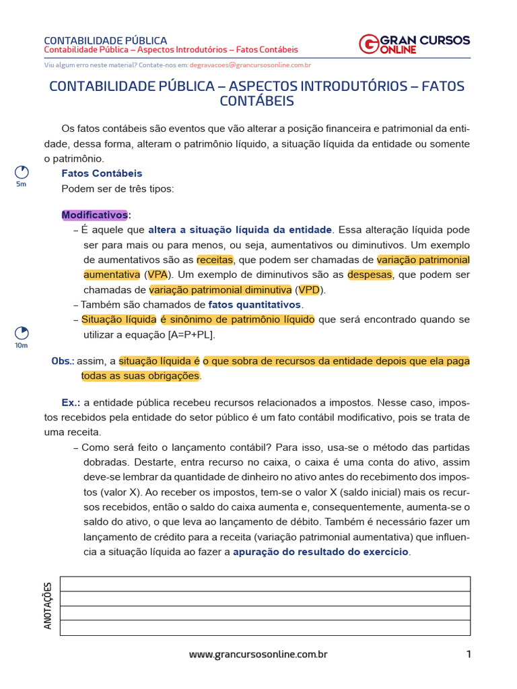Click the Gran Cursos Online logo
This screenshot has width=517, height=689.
point(414,44)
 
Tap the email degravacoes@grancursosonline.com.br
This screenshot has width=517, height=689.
point(250,65)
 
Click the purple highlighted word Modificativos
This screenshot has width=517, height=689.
point(94,215)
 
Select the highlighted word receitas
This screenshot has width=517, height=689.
point(215,260)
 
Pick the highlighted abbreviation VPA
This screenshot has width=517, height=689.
point(158,275)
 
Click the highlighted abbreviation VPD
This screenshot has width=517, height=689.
point(309,289)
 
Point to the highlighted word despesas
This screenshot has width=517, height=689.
point(370,275)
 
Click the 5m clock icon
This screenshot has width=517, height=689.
point(21,172)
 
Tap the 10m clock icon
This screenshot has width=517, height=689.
point(21,333)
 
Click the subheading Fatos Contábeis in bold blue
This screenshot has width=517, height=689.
point(102,174)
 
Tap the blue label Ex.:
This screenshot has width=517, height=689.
point(71,402)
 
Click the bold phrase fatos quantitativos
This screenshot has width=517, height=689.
point(254,304)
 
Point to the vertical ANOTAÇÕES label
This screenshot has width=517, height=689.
point(48,606)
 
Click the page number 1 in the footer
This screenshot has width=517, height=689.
point(468,654)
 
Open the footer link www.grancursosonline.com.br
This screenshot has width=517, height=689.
point(258,654)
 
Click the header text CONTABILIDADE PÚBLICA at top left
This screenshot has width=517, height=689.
point(106,40)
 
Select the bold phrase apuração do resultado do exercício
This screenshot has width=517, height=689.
point(320,552)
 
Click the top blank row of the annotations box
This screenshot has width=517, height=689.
point(265,583)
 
